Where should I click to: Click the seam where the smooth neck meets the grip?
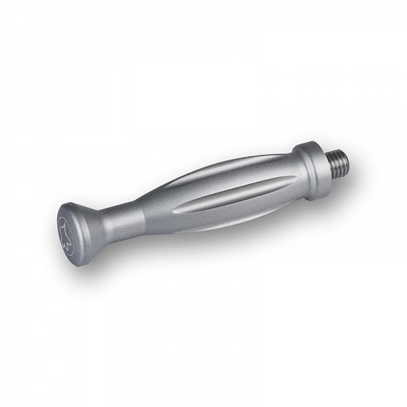[144, 214]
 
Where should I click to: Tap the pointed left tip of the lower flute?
[174, 211]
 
